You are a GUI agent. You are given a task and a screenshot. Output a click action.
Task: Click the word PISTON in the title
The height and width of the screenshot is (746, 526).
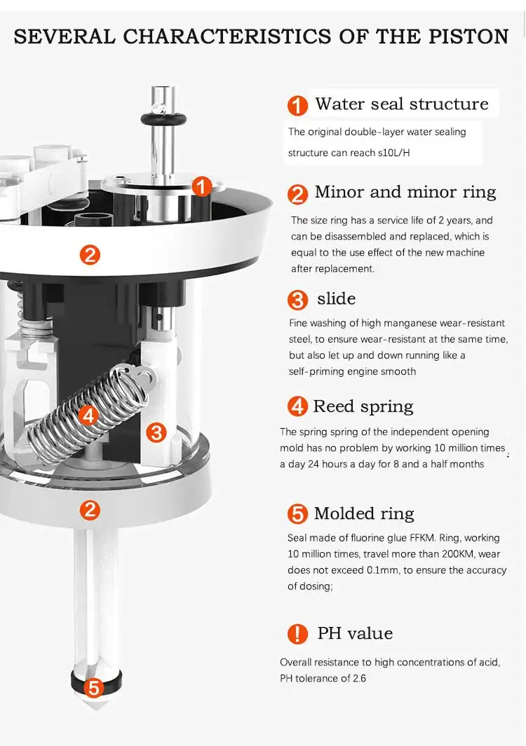tap(465, 36)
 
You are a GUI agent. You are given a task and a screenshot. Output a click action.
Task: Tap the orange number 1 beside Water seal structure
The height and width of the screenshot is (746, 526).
tap(297, 106)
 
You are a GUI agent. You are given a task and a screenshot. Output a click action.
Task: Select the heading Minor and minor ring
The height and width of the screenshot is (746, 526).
tap(405, 192)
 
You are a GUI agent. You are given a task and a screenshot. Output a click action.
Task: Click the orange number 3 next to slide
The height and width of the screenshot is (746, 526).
tap(297, 300)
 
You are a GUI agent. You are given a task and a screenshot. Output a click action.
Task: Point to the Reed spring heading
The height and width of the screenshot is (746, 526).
tap(363, 406)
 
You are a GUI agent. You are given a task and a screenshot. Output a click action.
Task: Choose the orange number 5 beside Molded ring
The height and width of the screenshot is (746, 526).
tap(297, 514)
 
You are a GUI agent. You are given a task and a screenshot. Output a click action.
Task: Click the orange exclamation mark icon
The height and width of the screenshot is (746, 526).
tap(297, 634)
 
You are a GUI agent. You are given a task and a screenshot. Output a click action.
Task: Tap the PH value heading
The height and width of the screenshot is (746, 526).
tap(355, 633)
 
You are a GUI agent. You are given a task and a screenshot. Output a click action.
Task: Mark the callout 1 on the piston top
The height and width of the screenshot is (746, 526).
tap(202, 186)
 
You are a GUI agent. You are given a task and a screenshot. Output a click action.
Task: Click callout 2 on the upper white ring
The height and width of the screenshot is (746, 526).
tap(90, 254)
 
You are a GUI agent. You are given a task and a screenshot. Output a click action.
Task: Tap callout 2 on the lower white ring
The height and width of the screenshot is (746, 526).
tap(90, 509)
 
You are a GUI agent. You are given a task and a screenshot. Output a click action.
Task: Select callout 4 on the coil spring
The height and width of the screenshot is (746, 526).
tap(88, 415)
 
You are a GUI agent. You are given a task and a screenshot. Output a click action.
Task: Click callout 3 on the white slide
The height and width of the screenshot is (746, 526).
tap(156, 432)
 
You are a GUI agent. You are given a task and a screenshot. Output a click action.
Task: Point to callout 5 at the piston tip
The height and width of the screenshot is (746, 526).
tap(94, 686)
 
